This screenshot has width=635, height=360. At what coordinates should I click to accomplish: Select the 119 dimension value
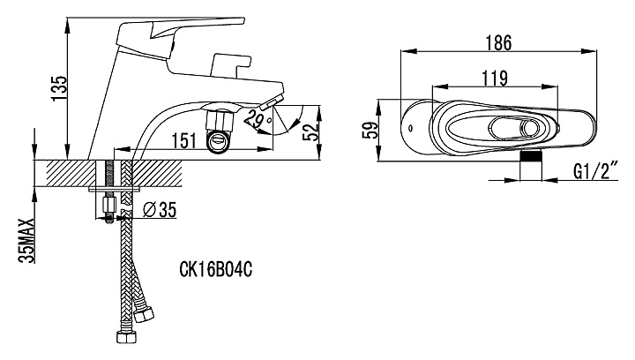494,77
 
